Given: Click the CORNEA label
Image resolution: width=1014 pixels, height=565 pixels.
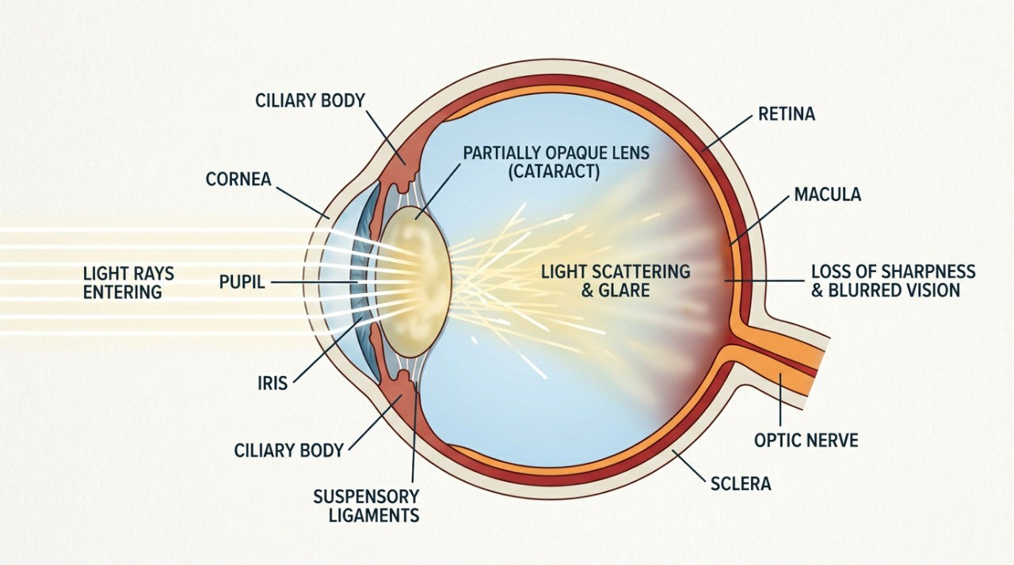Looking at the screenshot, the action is pos(238,180).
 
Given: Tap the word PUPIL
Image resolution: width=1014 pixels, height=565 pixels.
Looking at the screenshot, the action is pos(242,282).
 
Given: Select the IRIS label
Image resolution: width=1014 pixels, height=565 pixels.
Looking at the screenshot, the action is pos(273,383).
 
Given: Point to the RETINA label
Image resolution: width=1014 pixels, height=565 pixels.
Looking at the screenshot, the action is pos(787,114).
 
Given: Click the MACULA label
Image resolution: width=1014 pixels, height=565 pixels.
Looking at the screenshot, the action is pos(828,195).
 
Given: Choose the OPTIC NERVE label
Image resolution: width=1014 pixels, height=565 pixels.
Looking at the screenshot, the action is pos(806,440).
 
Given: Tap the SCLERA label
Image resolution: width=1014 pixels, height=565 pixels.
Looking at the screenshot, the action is pos(741,483).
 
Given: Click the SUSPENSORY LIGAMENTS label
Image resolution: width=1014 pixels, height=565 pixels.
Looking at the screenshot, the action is pos(366,506).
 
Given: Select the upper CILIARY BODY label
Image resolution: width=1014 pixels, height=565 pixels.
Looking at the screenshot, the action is pos(310,100).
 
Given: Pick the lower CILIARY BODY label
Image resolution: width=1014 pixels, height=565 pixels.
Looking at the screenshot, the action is pos(289,450).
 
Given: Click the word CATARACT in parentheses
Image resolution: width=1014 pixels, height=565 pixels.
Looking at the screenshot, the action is pos(554,172).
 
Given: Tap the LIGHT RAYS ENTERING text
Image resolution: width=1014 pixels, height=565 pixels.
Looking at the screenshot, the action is pos(128,283).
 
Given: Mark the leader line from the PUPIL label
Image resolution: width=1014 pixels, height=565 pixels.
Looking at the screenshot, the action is pos(314,282).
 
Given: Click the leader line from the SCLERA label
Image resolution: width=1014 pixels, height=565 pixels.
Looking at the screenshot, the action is pos(689,465).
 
